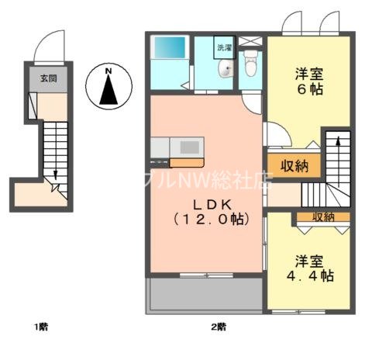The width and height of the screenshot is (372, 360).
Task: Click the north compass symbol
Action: click(108, 88)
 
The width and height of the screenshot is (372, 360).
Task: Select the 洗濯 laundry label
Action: click(225, 47)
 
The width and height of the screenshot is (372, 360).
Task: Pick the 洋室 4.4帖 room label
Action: click(308, 268)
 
